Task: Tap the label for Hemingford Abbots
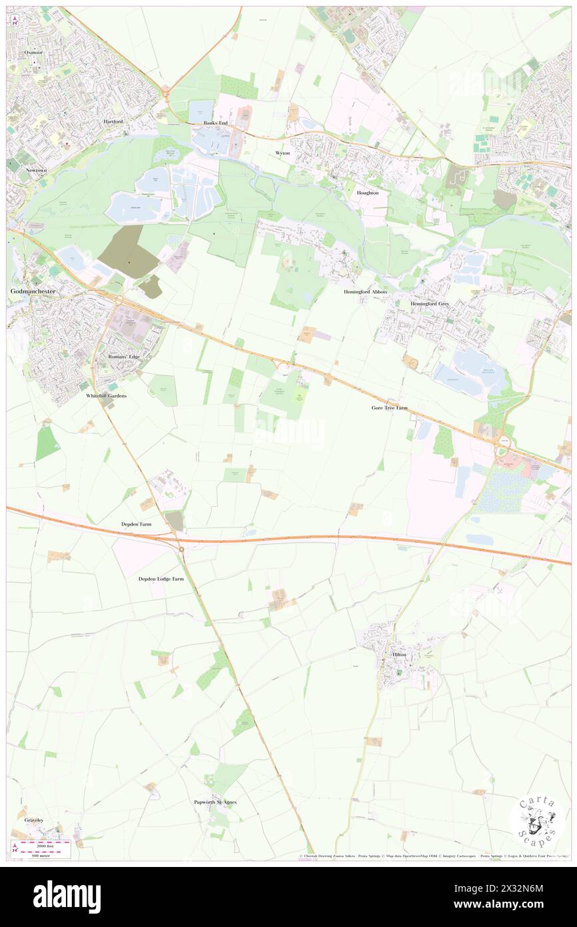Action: click(365, 292)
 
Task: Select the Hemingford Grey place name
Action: click(430, 303)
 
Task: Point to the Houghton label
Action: click(367, 193)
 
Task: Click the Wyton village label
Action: click(283, 153)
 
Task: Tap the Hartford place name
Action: click(113, 122)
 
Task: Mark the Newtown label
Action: click(36, 170)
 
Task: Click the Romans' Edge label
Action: click(124, 357)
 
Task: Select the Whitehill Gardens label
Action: click(106, 395)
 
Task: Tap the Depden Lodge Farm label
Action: click(161, 579)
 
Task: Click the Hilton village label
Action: click(399, 655)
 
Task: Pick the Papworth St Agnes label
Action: click(215, 802)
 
